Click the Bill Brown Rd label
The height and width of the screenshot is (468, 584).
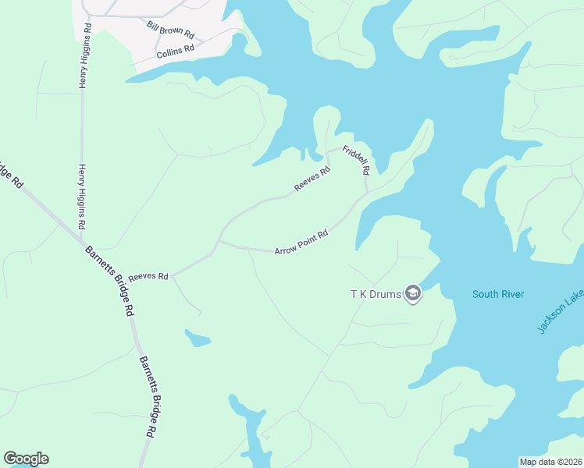tap(170, 30)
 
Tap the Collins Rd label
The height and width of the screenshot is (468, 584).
tap(174, 51)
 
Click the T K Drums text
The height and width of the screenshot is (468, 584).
tap(375, 294)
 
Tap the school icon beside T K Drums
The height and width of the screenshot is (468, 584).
tap(413, 294)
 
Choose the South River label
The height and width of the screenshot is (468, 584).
tap(497, 294)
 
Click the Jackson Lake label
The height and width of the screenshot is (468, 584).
tap(560, 311)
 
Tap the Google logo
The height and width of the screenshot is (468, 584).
tap(26, 459)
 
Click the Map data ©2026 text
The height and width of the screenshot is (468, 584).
tap(550, 462)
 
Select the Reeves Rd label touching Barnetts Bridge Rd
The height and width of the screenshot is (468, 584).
tap(148, 277)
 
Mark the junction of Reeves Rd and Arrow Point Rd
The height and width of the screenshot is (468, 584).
tap(219, 241)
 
